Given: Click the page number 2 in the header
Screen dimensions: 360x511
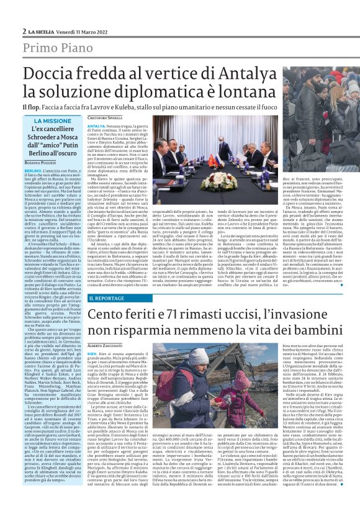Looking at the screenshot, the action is pyautogui.click(x=24, y=30).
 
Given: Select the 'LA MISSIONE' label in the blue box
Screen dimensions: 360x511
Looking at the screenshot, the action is pyautogui.click(x=52, y=121).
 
